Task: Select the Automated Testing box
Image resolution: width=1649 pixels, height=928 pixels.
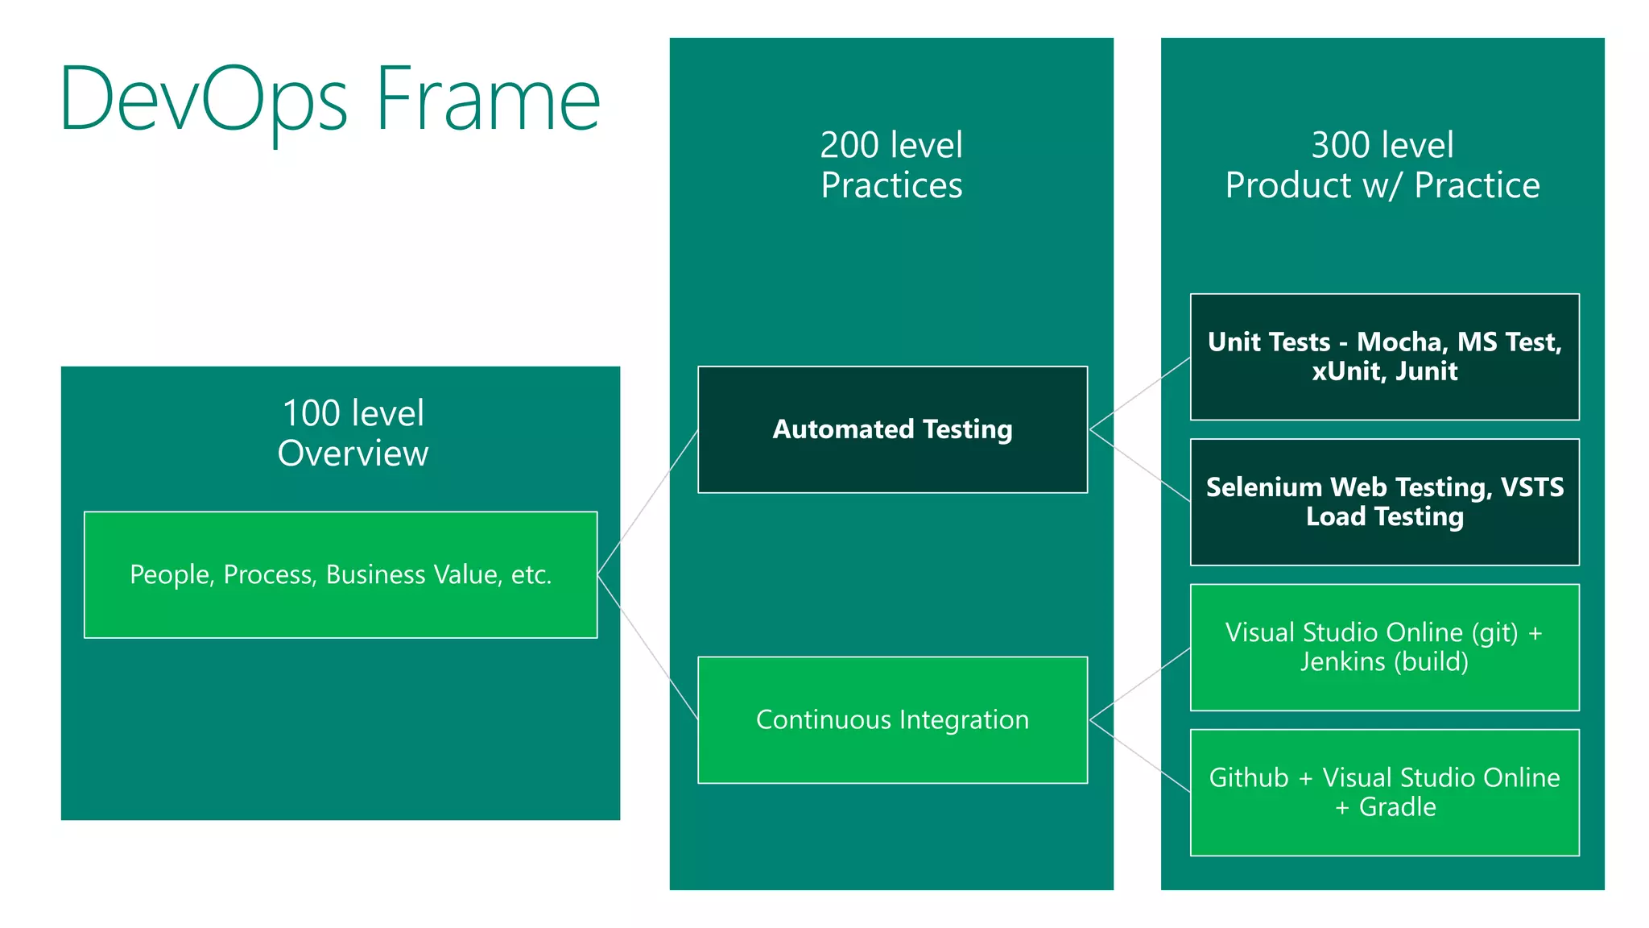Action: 892,429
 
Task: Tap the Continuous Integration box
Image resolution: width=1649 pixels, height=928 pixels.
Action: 892,719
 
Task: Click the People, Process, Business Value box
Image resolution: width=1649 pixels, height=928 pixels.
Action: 341,574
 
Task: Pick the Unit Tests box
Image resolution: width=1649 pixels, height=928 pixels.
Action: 1384,356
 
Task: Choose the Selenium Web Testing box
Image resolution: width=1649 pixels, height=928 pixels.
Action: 1384,501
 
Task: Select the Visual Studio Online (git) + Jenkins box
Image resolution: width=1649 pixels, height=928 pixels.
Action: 1384,647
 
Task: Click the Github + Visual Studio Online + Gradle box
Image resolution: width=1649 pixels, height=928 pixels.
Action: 1384,792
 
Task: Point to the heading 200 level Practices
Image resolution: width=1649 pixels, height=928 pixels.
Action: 891,165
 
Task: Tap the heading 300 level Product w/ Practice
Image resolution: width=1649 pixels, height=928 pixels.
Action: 1382,165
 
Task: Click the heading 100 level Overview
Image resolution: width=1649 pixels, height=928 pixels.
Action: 353,433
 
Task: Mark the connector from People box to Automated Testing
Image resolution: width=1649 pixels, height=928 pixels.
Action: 647,502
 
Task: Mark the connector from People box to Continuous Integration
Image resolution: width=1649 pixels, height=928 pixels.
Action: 647,646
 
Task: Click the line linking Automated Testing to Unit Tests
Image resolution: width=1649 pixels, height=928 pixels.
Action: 1139,394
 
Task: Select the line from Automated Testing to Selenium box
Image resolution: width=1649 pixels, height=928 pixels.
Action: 1139,466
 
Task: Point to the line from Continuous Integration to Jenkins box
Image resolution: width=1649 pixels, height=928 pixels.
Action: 1139,684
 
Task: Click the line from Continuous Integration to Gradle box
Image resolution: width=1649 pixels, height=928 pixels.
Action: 1139,756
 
